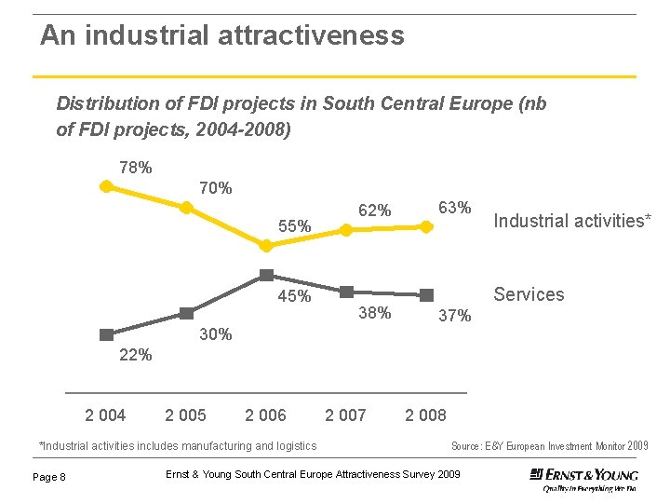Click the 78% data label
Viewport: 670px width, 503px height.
pos(136,168)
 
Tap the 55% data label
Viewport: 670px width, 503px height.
pos(294,226)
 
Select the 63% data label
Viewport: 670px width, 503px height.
pos(455,207)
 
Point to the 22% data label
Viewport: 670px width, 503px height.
pos(136,355)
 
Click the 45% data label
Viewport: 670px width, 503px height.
pos(294,297)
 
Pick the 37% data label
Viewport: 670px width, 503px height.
pos(455,316)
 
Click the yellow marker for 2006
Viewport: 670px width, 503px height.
pos(266,246)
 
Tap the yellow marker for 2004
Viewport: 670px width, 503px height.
pos(106,186)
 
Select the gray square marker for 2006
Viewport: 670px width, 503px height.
pos(266,275)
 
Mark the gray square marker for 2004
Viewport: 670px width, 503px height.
pos(106,333)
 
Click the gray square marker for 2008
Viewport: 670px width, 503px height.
pos(426,294)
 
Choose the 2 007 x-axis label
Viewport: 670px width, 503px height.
pos(345,415)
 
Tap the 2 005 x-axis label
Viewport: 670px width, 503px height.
pos(185,415)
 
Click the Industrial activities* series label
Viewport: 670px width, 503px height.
pos(572,221)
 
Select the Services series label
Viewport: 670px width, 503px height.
pos(529,294)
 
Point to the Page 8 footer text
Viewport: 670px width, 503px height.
pos(49,477)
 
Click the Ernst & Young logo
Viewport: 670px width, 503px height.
pos(583,477)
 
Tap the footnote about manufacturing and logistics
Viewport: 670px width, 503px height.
pos(177,446)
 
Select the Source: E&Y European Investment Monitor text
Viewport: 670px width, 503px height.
pos(549,446)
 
